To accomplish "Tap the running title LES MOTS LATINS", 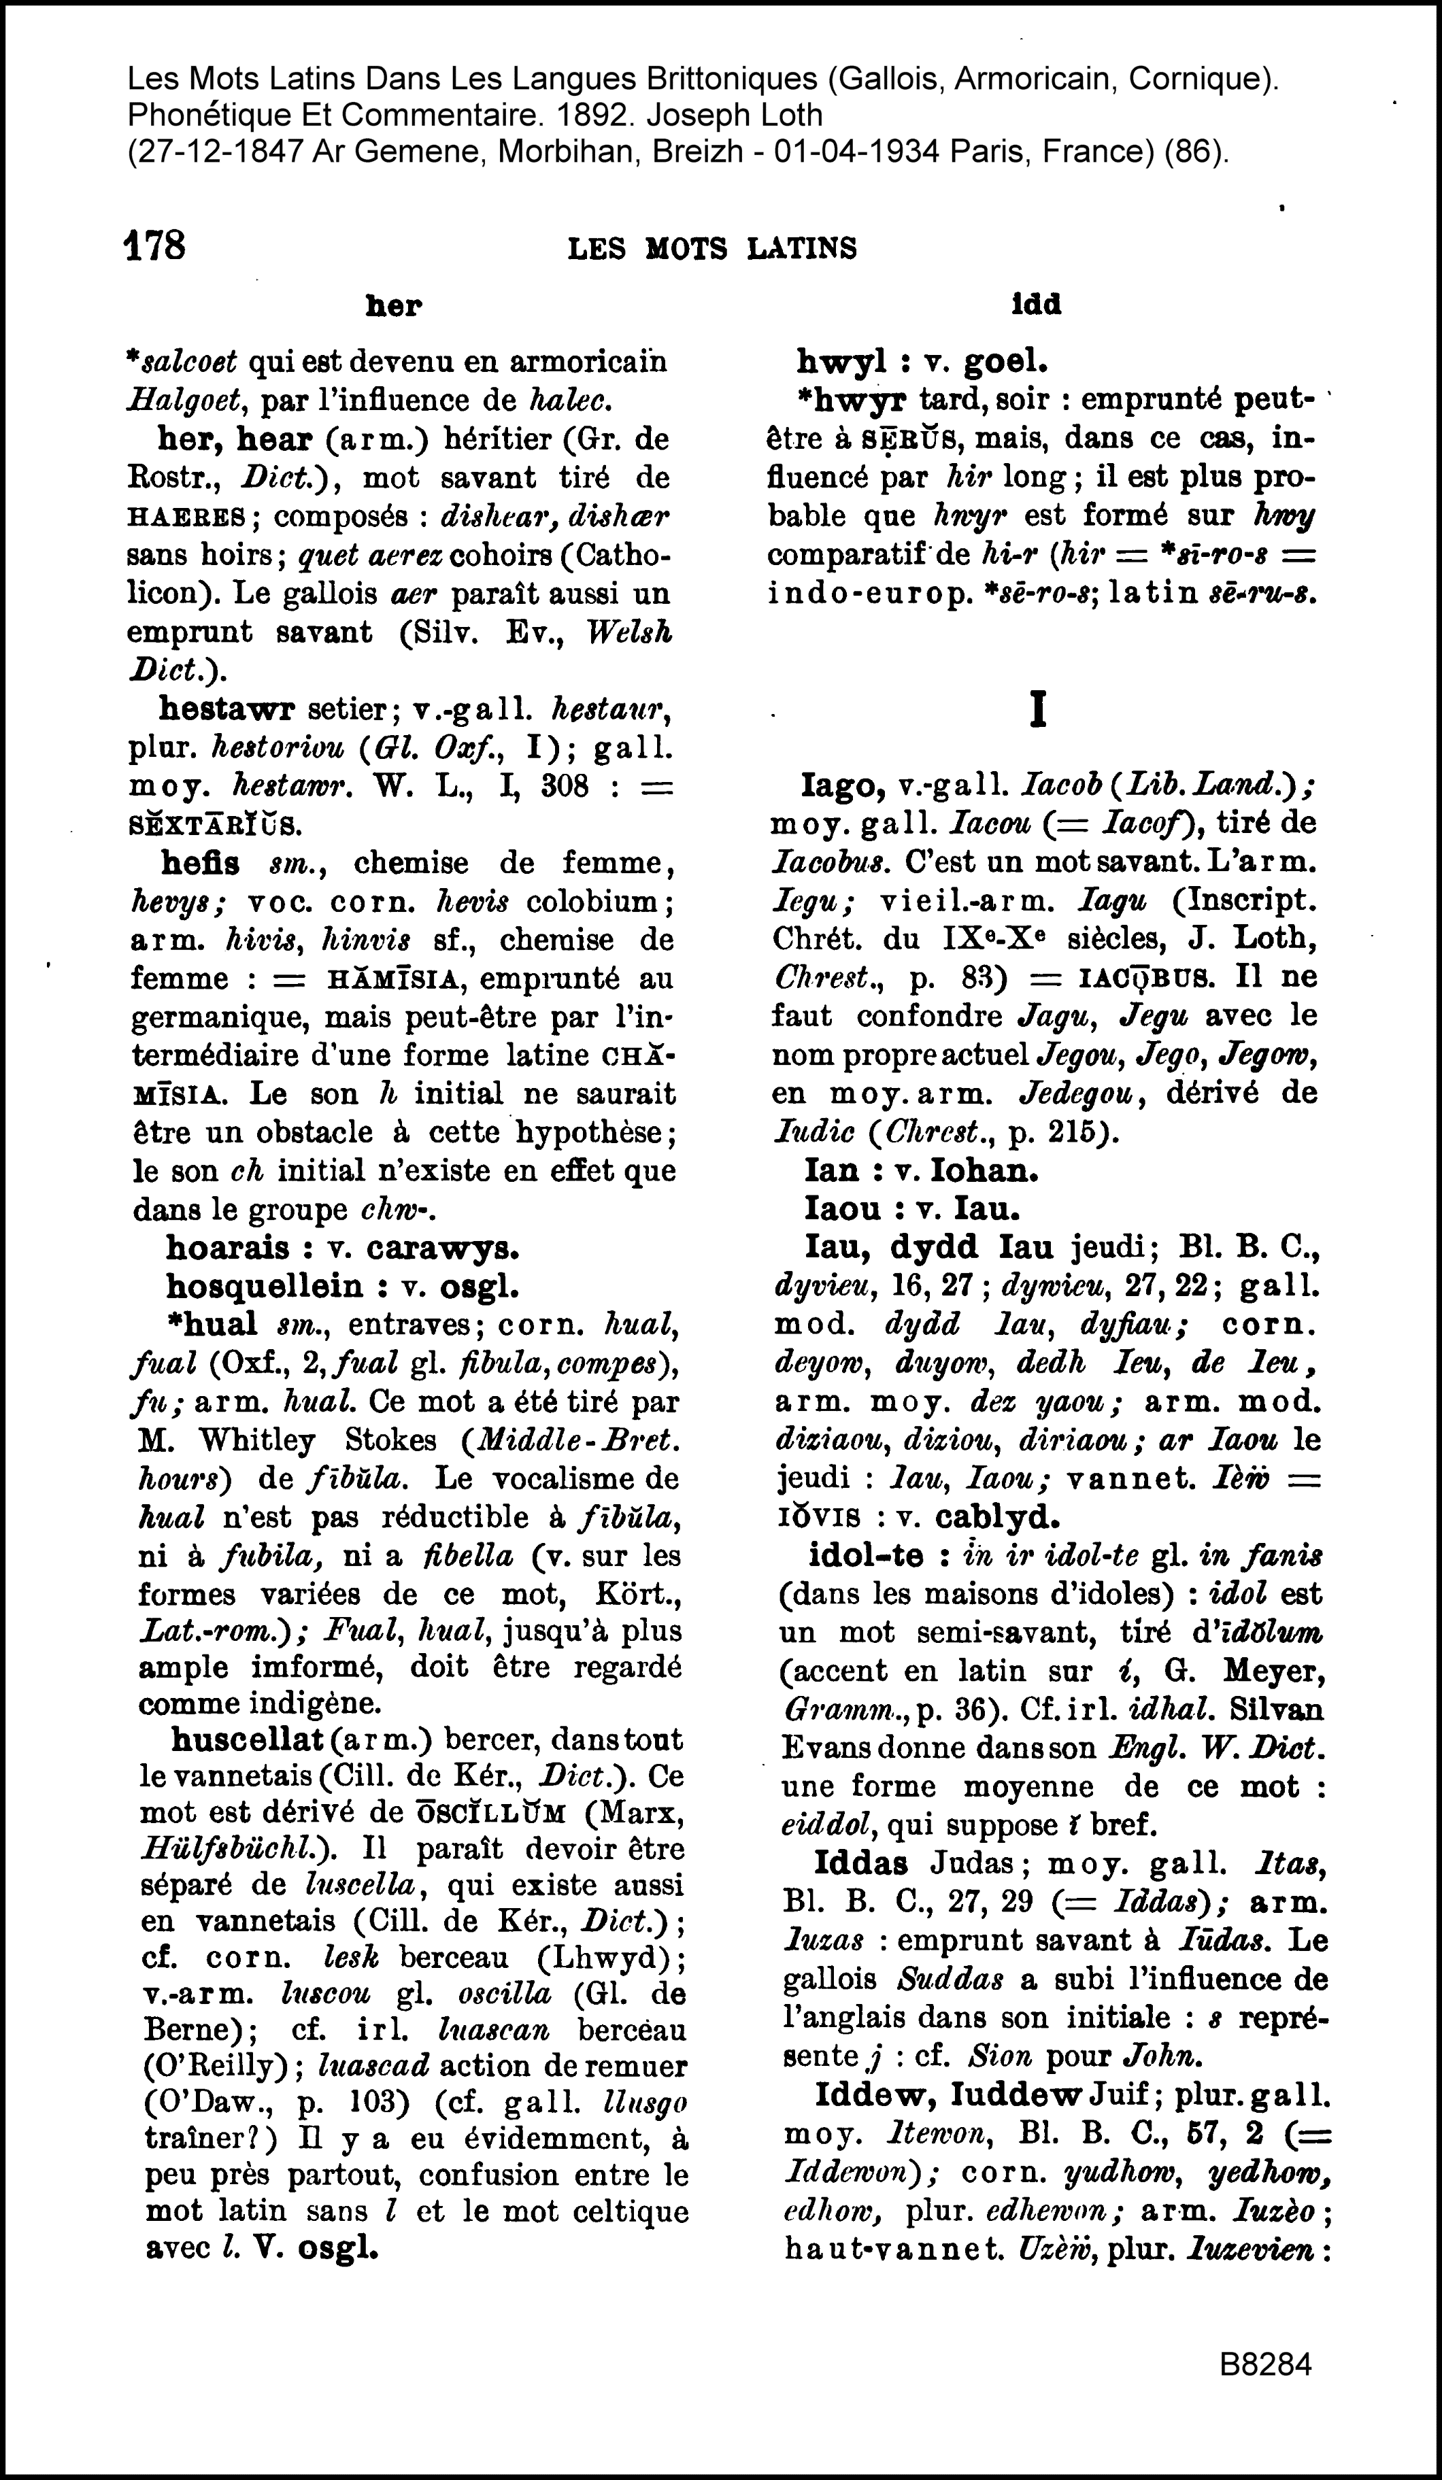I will pyautogui.click(x=713, y=248).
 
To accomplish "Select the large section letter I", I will pyautogui.click(x=1037, y=709).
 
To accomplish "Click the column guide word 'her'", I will pyautogui.click(x=392, y=307).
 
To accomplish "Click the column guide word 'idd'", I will pyautogui.click(x=1037, y=305).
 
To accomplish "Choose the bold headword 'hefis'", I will pyautogui.click(x=200, y=862).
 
